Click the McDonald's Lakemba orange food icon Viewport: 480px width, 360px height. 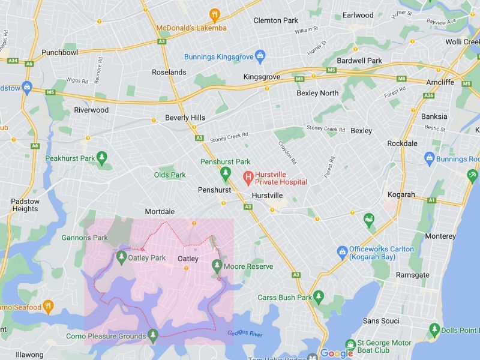(215, 14)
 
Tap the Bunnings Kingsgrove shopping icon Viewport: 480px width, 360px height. (260, 56)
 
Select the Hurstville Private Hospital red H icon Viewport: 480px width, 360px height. (247, 178)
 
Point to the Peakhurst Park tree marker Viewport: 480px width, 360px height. (101, 158)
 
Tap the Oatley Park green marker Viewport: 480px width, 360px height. (121, 258)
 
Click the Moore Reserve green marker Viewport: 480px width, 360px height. (217, 266)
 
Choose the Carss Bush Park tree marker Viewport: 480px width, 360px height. (319, 296)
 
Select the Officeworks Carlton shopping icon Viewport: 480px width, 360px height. (342, 251)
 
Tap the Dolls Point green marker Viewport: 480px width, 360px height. (434, 330)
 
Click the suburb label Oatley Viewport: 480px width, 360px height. (188, 259)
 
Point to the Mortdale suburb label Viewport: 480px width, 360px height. (160, 212)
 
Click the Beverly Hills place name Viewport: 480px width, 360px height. (185, 118)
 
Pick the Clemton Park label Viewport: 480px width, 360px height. (275, 20)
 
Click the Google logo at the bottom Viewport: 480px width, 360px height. (336, 353)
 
